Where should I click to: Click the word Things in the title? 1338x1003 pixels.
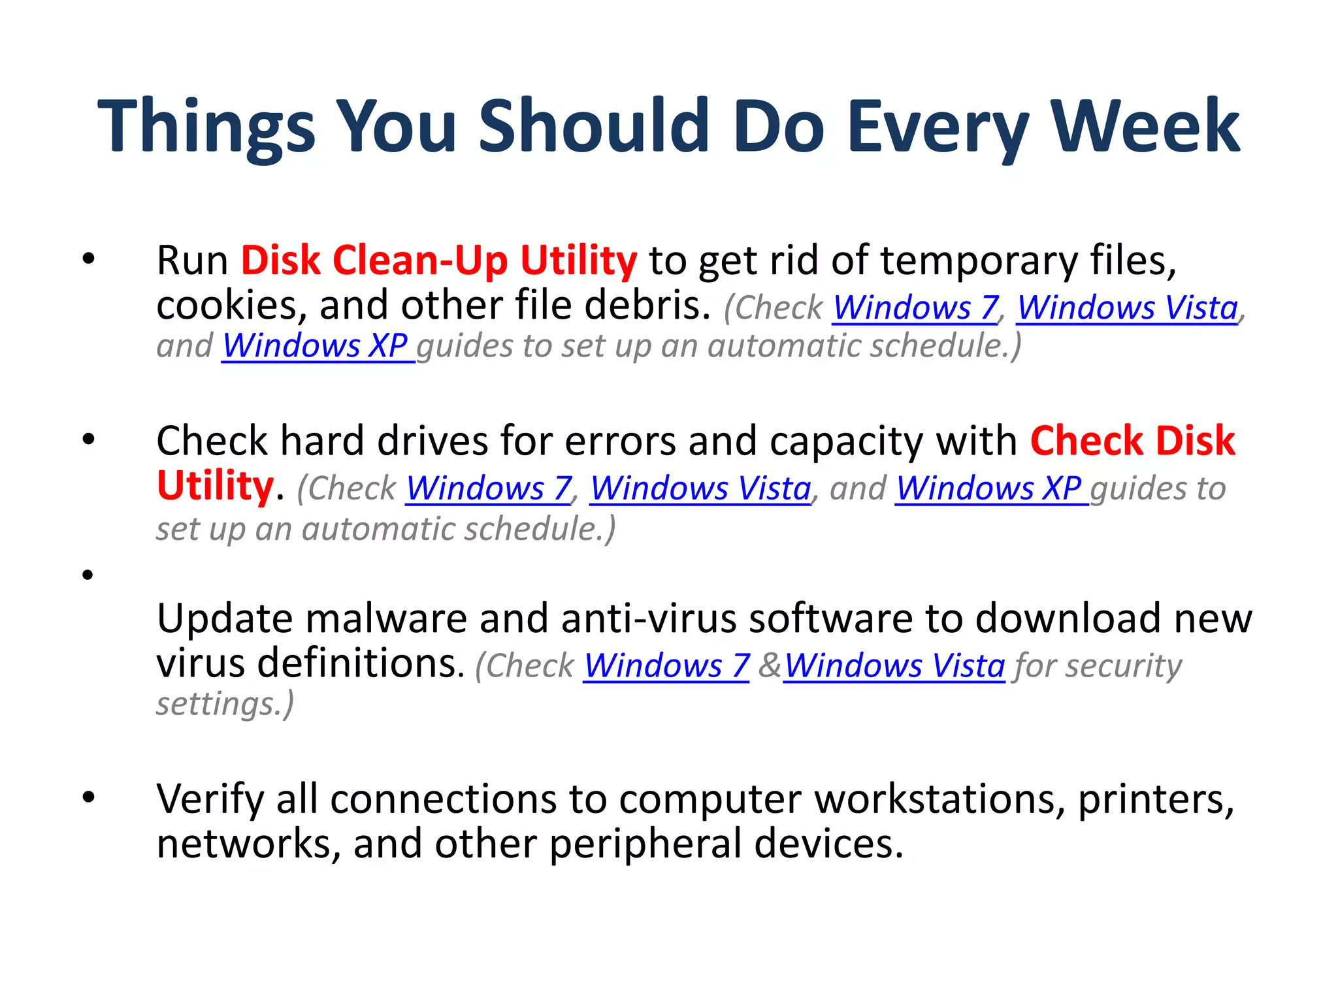coord(206,125)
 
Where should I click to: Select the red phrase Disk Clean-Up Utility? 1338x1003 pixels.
coord(438,260)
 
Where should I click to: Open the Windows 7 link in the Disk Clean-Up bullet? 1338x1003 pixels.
coord(915,308)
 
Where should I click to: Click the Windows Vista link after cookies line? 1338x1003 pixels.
coord(1127,308)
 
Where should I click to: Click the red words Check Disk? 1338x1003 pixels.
coord(1132,441)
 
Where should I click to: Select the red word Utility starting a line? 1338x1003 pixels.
coord(215,486)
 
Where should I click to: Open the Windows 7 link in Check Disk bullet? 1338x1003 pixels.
coord(489,488)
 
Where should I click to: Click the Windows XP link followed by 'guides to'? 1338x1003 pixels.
coord(990,488)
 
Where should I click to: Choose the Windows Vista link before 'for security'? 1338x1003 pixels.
coord(894,666)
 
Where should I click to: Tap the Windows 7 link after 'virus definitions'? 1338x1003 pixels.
coord(666,666)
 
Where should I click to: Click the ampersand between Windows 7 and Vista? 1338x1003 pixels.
coord(769,666)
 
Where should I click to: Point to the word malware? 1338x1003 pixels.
coord(386,618)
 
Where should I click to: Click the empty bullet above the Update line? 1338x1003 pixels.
coord(88,575)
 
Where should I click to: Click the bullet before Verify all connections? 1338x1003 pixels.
coord(88,797)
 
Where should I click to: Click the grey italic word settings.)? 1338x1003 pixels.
coord(225,704)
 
